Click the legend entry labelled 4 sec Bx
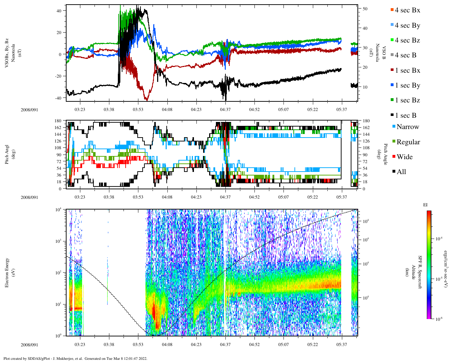(407, 10)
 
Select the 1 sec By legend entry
(407, 85)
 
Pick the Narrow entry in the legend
(407, 127)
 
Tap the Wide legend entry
(405, 157)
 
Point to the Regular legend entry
(408, 142)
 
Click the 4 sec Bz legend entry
(407, 40)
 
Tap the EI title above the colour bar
(425, 205)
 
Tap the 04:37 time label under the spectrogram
(225, 345)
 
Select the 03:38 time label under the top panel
(109, 110)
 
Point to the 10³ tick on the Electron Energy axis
(59, 241)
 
